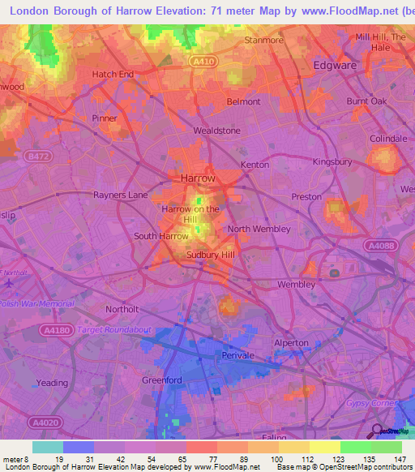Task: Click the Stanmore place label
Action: tap(264, 40)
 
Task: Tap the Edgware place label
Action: tap(336, 64)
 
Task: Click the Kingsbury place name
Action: tap(332, 161)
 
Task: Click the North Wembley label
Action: tap(259, 229)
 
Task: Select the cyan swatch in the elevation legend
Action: tap(48, 447)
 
